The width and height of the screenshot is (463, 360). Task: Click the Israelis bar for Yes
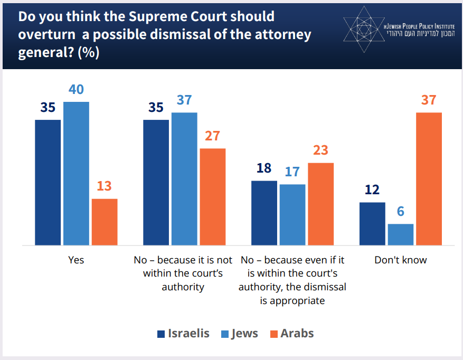48,183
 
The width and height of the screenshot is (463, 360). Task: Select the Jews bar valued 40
76,174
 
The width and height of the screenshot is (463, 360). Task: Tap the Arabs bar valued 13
105,222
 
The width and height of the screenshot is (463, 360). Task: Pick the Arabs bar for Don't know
429,179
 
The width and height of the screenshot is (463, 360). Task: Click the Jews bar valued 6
400,235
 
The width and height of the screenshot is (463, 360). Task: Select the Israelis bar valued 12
372,224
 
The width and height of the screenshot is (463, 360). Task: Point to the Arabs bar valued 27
212,197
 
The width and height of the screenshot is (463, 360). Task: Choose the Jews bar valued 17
292,215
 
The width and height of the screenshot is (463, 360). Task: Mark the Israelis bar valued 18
264,213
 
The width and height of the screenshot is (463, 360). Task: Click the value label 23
320,150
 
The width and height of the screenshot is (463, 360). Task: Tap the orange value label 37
429,100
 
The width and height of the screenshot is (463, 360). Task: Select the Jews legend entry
239,334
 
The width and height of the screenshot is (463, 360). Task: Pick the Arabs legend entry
291,334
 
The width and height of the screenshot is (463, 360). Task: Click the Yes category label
76,260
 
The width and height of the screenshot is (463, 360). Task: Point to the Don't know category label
400,260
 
